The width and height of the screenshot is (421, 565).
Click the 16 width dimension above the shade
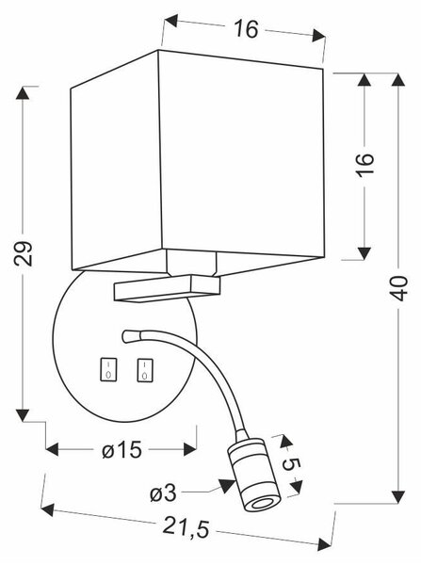coord(247,28)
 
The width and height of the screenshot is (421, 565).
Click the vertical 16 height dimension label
coord(364,164)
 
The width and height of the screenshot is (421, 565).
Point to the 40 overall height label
coord(398,288)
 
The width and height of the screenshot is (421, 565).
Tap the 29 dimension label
coord(23,253)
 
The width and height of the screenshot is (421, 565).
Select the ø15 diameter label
coord(121,450)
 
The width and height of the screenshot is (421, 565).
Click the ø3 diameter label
coord(163,492)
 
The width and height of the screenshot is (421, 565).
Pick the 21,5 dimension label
coord(186,526)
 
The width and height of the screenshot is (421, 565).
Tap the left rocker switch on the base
coord(108,368)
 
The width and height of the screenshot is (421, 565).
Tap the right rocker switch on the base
coord(144,370)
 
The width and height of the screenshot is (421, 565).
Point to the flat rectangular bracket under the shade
coord(167,288)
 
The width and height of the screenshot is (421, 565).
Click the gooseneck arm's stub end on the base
coord(130,336)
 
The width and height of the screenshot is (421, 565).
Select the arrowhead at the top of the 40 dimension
coord(398,79)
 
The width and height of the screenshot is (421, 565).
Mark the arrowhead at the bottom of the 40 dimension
coord(398,497)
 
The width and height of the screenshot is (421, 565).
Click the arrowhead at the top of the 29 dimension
coord(23,93)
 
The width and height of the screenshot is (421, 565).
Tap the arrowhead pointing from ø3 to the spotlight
coord(226,485)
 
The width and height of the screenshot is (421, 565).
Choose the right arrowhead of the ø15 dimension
coord(190,449)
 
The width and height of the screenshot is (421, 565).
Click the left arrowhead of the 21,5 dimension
coord(48,510)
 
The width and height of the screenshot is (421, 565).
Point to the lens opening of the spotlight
coord(262,504)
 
